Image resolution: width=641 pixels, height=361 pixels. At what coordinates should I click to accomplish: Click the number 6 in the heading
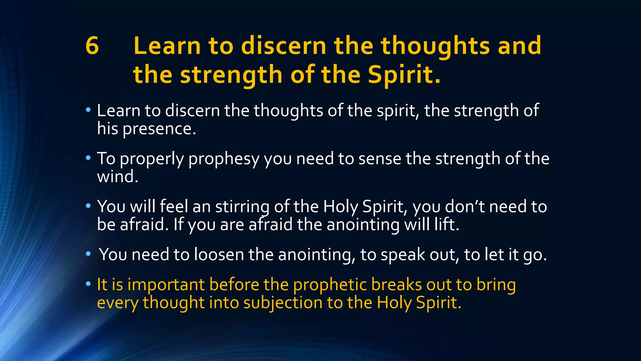point(92,46)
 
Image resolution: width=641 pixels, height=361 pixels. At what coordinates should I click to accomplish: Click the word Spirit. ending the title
point(404,75)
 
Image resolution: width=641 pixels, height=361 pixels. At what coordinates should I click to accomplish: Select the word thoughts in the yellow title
point(435,46)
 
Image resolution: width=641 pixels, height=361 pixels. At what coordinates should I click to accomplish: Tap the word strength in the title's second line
point(231,75)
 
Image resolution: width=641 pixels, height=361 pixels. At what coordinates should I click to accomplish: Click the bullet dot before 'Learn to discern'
point(88,110)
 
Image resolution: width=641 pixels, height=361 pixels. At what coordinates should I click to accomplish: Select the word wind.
point(117,176)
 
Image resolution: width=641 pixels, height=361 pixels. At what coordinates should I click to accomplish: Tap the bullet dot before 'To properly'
point(88,158)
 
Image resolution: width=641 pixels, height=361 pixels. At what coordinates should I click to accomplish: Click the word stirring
point(242,207)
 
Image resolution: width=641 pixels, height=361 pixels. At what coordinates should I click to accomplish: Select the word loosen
point(219,254)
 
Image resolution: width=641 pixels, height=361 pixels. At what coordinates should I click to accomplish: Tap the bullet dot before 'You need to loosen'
point(88,254)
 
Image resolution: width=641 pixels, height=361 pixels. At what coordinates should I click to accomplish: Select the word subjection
point(283,303)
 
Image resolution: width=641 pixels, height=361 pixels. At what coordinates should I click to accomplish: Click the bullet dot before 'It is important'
point(88,284)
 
